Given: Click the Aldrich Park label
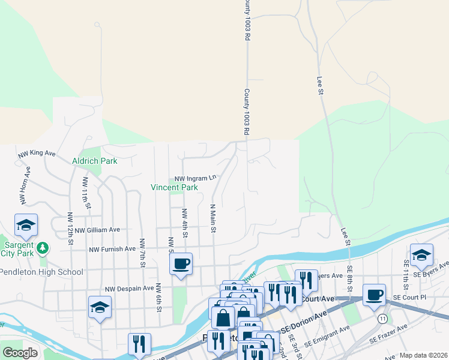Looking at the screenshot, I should [x=94, y=161].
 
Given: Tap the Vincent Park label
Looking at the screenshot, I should [x=174, y=187].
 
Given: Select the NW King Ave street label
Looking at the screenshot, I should [x=37, y=154].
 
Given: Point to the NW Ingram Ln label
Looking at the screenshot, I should [x=195, y=178].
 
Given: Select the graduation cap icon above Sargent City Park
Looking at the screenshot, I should [x=26, y=226].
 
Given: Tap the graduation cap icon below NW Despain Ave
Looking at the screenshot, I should [x=100, y=308].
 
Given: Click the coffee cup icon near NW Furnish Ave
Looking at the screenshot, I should [x=181, y=263].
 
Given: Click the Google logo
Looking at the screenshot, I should [x=20, y=353].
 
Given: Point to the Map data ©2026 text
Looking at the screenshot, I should [x=424, y=355].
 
